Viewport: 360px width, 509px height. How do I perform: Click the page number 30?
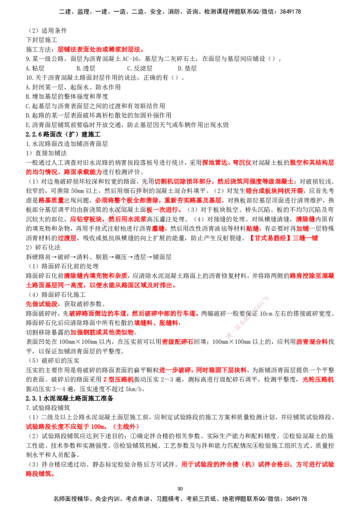pos(180,489)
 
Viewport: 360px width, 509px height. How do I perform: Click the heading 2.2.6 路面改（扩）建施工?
pos(63,134)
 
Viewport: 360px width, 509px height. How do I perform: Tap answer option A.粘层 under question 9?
pos(35,68)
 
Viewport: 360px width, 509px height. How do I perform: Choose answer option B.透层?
pos(86,68)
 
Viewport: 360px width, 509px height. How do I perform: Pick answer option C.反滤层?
pos(139,68)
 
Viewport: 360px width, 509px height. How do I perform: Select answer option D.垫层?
pos(187,68)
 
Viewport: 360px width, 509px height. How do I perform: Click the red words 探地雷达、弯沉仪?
pos(226,163)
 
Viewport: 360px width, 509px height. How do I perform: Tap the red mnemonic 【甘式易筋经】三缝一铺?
pos(283,238)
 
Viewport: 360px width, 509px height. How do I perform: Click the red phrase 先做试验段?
pos(41,304)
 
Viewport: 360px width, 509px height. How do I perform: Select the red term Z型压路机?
pos(119,380)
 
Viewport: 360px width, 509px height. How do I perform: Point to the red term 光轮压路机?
pos(318,380)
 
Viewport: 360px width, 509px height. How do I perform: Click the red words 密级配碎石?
pos(177,342)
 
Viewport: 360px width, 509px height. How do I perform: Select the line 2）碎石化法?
pos(43,247)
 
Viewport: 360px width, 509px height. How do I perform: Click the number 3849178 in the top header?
pos(290,12)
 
